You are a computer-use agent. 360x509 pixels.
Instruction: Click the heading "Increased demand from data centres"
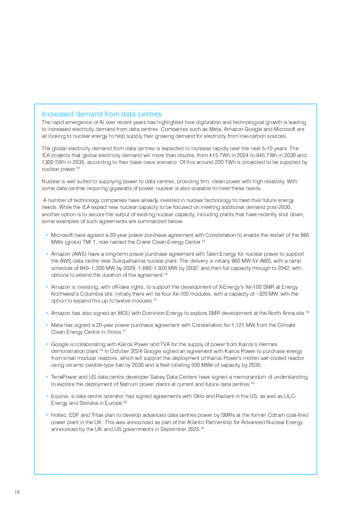(101, 114)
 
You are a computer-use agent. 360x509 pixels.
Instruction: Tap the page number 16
(17, 492)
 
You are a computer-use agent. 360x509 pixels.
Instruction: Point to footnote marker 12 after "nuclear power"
(78, 168)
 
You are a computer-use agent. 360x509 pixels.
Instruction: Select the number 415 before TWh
(213, 155)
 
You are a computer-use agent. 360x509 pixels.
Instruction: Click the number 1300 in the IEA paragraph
(47, 162)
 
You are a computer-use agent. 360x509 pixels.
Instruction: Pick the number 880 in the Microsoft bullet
(305, 235)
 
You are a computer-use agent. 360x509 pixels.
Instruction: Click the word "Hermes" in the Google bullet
(268, 344)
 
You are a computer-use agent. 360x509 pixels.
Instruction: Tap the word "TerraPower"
(64, 377)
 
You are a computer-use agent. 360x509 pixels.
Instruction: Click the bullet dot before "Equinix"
(47, 396)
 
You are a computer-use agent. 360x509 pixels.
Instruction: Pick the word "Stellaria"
(89, 403)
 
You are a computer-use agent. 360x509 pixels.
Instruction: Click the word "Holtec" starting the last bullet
(59, 415)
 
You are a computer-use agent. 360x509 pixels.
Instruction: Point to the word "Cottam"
(277, 415)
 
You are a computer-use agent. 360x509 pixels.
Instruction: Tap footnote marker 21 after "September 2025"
(202, 428)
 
